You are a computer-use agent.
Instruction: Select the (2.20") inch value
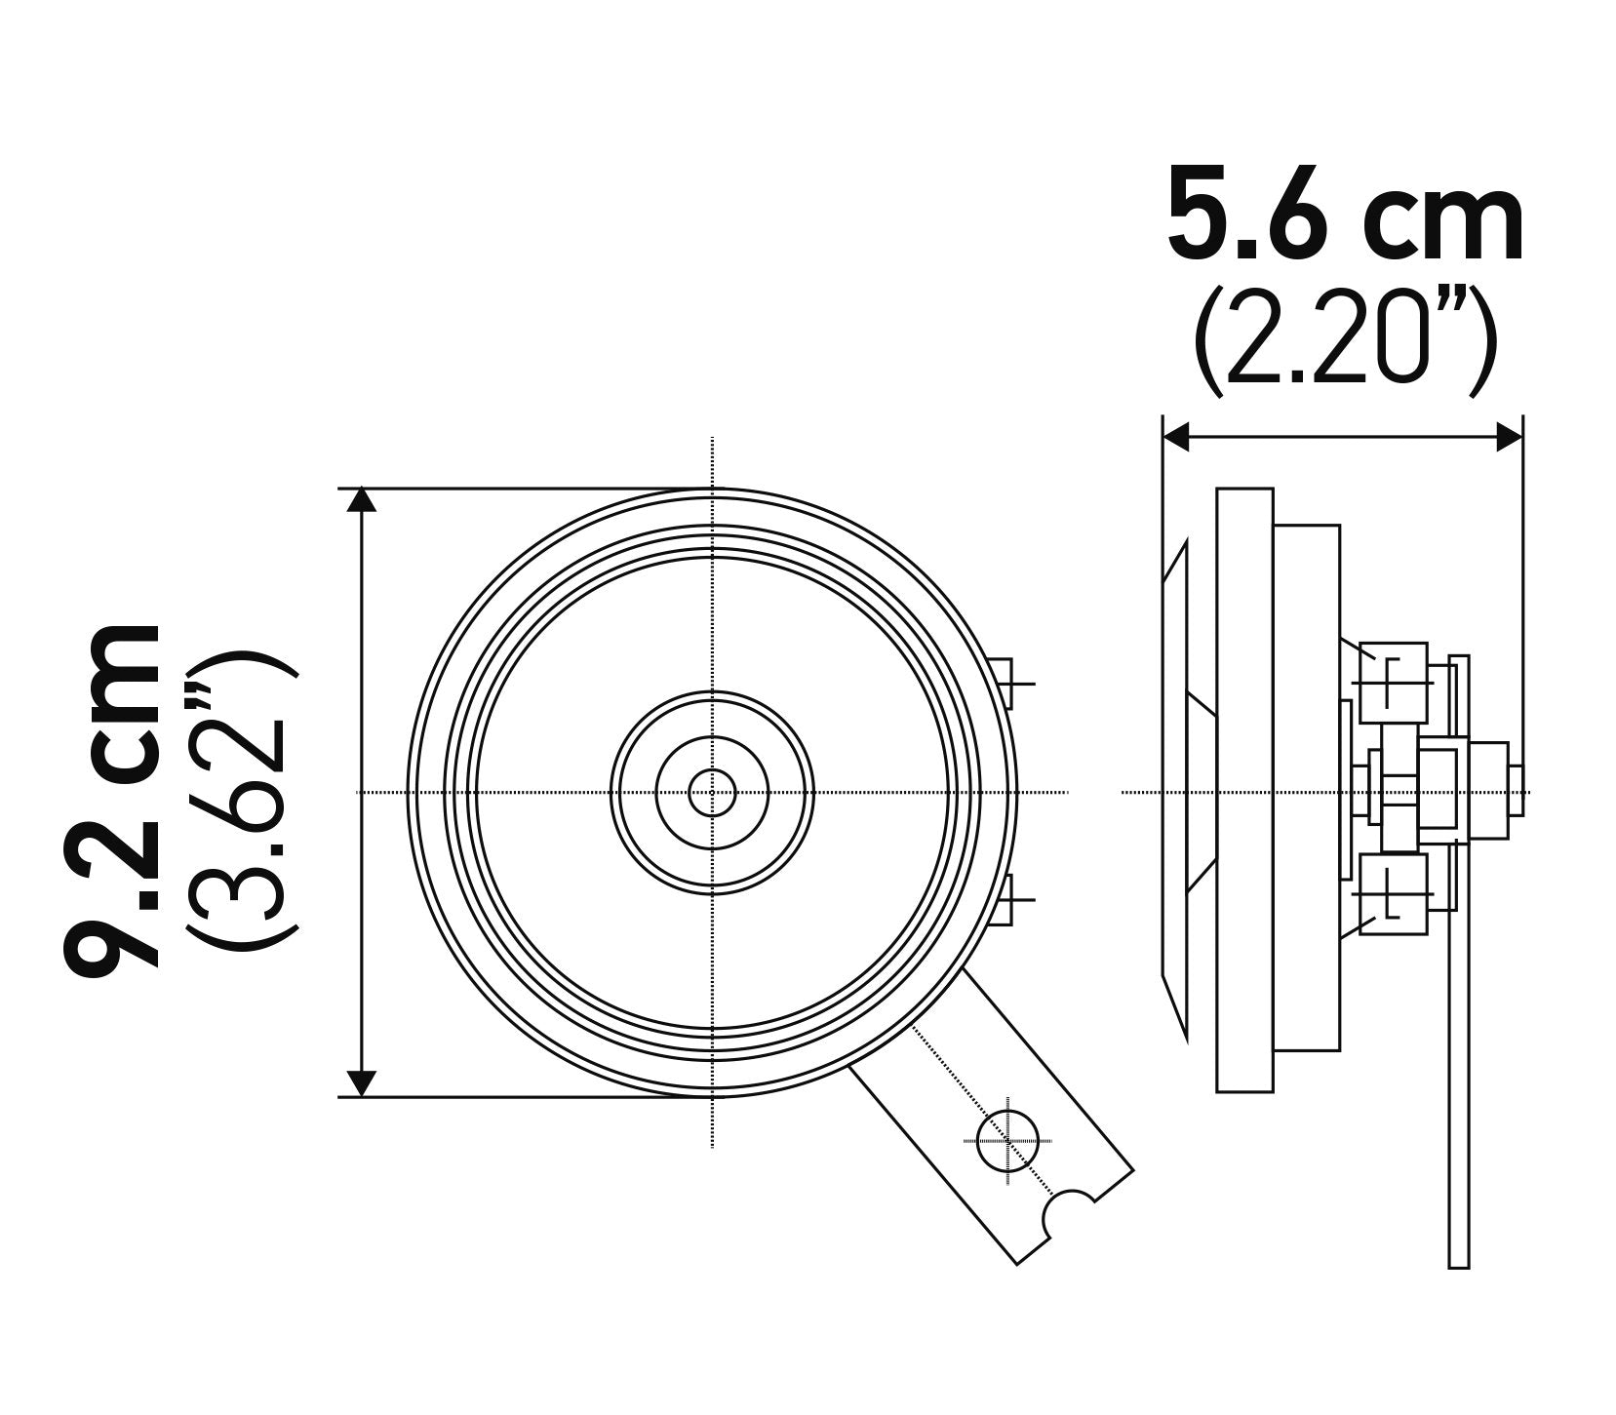[x=1344, y=342]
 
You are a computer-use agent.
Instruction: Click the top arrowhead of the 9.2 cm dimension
[x=362, y=501]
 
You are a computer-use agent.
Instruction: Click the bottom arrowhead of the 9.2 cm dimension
[x=362, y=1082]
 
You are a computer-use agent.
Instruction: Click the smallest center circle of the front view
[x=712, y=792]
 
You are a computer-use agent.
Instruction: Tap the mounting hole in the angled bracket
[x=1007, y=1139]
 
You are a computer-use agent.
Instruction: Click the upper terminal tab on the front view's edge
[x=1004, y=682]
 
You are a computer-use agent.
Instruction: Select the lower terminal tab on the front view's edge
[x=1004, y=898]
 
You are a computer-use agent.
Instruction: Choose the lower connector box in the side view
[x=1393, y=894]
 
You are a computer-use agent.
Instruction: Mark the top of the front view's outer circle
[x=713, y=490]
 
